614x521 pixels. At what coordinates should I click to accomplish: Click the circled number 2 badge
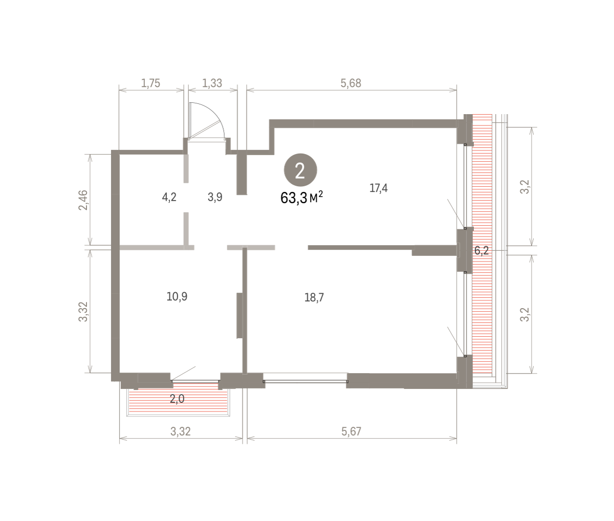[x=300, y=170]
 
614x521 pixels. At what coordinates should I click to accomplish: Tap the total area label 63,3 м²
[x=301, y=198]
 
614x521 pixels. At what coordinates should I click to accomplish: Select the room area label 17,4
[x=378, y=188]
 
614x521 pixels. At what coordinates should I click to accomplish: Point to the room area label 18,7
[x=314, y=297]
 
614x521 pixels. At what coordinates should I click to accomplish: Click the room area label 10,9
[x=177, y=297]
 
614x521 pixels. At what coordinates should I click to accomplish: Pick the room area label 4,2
[x=169, y=197]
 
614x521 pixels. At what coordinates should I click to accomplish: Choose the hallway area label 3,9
[x=215, y=197]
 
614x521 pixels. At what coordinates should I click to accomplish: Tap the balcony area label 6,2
[x=481, y=251]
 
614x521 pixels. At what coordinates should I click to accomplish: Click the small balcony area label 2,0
[x=177, y=399]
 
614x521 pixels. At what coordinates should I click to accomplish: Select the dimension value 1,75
[x=150, y=83]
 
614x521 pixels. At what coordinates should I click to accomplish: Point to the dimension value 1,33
[x=212, y=83]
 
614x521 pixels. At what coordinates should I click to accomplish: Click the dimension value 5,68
[x=351, y=83]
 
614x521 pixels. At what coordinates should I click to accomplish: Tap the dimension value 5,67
[x=351, y=431]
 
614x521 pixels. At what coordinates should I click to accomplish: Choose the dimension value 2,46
[x=83, y=200]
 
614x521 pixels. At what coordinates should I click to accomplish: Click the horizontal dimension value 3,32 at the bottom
[x=180, y=431]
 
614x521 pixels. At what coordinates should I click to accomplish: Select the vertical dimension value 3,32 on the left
[x=83, y=312]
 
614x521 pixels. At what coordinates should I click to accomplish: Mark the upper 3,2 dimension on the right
[x=525, y=187]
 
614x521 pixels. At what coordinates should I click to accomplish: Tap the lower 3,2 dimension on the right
[x=525, y=314]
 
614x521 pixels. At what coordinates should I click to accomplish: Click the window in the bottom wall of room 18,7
[x=305, y=381]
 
